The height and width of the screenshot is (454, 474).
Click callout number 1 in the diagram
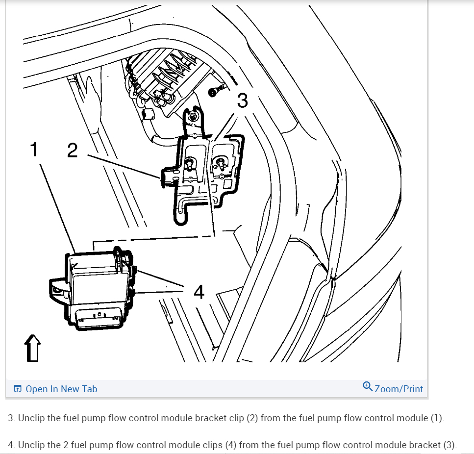pyautogui.click(x=33, y=150)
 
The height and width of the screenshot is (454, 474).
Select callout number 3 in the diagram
pyautogui.click(x=242, y=101)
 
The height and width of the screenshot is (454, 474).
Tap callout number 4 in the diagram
pyautogui.click(x=199, y=292)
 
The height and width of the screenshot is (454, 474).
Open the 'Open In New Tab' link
pyautogui.click(x=61, y=389)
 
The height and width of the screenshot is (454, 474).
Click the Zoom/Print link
pyautogui.click(x=398, y=389)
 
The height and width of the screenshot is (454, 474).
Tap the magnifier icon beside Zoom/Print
pyautogui.click(x=368, y=386)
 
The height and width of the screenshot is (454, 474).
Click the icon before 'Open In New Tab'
pyautogui.click(x=18, y=389)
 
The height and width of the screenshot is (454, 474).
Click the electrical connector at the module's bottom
pyautogui.click(x=98, y=316)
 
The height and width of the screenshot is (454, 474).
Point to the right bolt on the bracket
pyautogui.click(x=221, y=161)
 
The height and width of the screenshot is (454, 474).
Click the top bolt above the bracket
pyautogui.click(x=194, y=117)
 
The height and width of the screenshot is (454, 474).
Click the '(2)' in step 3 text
pyautogui.click(x=267, y=418)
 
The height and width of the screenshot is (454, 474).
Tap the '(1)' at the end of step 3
pyautogui.click(x=436, y=418)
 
